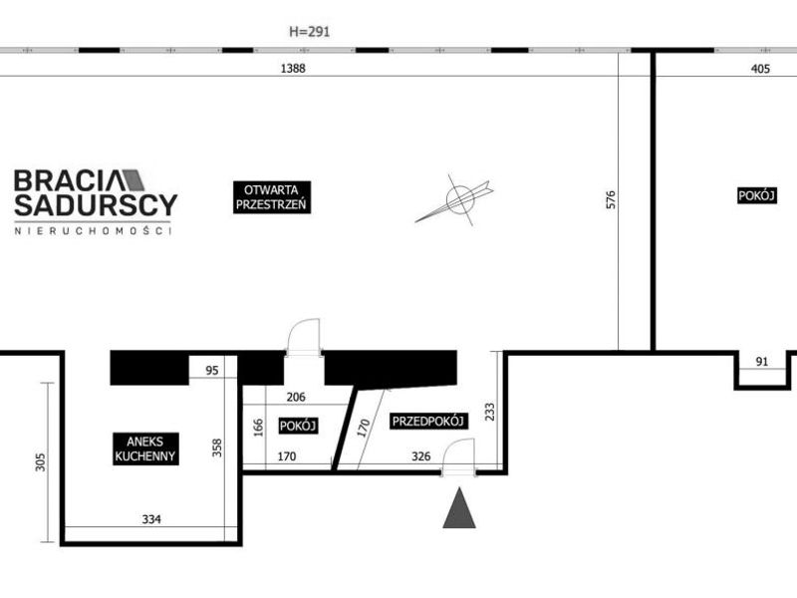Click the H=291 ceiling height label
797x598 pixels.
(309, 32)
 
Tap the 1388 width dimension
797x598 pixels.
(293, 68)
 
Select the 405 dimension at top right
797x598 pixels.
(760, 68)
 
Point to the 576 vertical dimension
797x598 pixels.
(611, 199)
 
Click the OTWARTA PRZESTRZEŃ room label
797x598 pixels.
(271, 197)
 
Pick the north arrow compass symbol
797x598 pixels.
(455, 199)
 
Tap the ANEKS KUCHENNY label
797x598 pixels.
(145, 448)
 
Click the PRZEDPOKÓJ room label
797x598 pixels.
(428, 421)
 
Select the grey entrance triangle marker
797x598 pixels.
(459, 508)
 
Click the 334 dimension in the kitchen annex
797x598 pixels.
(151, 519)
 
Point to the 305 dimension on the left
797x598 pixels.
(40, 462)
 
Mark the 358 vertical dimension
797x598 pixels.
(217, 448)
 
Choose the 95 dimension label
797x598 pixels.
(212, 370)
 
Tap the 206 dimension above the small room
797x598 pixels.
(296, 397)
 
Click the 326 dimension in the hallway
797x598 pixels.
(420, 456)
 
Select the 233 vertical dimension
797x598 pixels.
(489, 412)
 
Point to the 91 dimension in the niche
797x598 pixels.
(762, 362)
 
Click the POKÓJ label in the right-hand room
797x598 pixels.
(756, 195)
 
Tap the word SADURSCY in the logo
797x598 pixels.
(96, 204)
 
